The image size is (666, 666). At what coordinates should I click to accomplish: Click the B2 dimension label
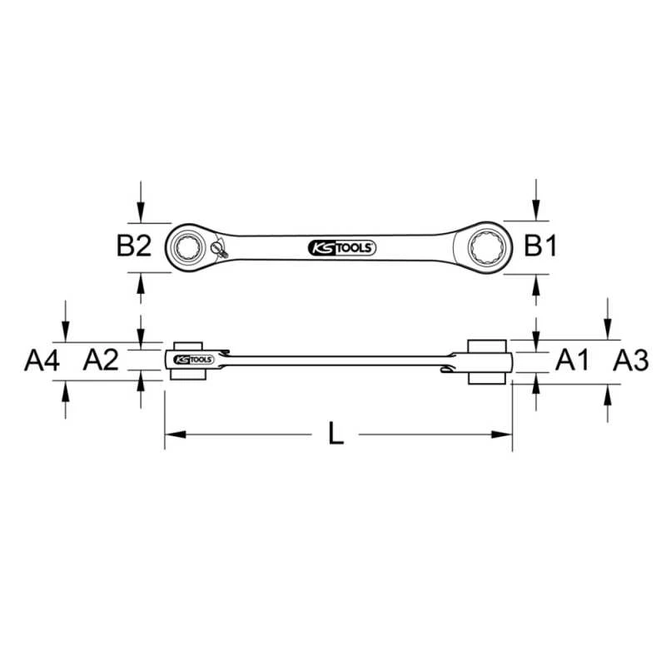[x=134, y=246]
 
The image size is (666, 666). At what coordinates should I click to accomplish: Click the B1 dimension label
[x=539, y=246]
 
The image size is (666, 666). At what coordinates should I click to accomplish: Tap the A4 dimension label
[x=42, y=360]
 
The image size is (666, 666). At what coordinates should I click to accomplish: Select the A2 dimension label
[x=101, y=360]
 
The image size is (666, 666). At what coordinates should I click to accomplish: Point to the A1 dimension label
[x=572, y=360]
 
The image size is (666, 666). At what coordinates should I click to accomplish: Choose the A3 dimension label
[x=631, y=360]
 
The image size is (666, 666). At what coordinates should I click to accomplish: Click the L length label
[x=336, y=434]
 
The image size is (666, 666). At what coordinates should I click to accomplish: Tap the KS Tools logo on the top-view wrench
[x=342, y=248]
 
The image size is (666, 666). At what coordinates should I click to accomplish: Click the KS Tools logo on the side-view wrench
[x=194, y=360]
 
